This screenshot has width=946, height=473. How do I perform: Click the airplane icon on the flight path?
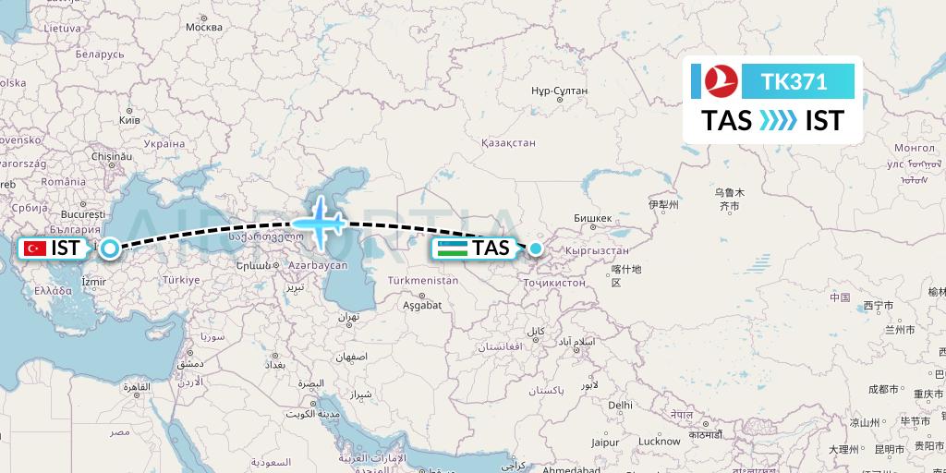click(x=319, y=223)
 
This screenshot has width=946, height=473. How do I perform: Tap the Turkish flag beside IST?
click(x=36, y=248)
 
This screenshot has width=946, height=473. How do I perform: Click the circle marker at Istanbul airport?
click(x=110, y=248)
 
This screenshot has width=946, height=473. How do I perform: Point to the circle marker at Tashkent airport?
click(x=536, y=248)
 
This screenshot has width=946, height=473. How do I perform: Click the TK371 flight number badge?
click(x=794, y=82)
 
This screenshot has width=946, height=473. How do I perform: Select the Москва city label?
click(x=204, y=27)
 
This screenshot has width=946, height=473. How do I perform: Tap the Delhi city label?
click(x=620, y=405)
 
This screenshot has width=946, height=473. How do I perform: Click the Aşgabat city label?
click(x=422, y=305)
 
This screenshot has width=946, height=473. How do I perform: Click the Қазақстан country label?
click(x=508, y=143)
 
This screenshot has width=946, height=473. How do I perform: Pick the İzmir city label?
click(x=94, y=281)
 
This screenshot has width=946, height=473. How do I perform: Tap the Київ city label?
click(x=129, y=120)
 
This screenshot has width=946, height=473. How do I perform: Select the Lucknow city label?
click(x=660, y=442)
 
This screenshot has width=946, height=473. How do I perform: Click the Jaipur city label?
click(x=605, y=442)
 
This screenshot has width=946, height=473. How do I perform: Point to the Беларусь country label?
click(x=100, y=55)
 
